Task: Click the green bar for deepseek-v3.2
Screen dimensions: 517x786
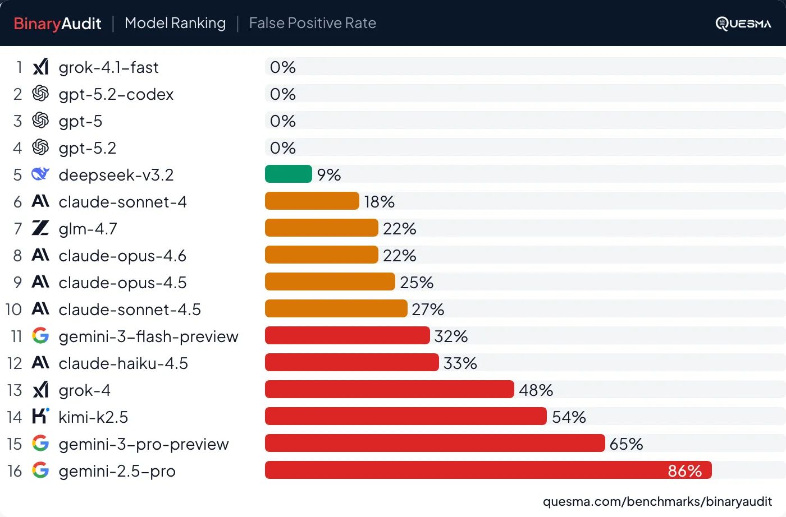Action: [288, 174]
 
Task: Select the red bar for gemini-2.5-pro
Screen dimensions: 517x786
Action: [488, 470]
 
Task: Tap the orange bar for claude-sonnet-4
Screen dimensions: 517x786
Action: [312, 201]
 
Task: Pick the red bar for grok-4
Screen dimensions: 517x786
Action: [389, 389]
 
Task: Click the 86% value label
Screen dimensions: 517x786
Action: [684, 470]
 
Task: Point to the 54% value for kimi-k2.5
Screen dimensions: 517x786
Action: [569, 417]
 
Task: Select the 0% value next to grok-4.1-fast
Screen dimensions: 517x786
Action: [282, 67]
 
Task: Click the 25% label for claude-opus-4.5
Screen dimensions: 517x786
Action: [417, 282]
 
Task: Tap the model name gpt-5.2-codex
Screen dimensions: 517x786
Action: [116, 94]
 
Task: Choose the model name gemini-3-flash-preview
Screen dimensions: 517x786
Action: [148, 336]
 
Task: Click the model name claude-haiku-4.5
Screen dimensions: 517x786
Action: [123, 363]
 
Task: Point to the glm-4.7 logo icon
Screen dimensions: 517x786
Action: [40, 228]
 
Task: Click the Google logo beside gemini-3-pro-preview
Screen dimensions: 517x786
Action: [40, 444]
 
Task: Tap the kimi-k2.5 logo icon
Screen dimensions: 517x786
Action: [40, 416]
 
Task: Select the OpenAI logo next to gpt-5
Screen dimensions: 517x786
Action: [40, 121]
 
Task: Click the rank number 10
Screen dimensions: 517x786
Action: [13, 310]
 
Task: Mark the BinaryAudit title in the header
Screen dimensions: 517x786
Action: [57, 24]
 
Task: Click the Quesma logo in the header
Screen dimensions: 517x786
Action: [743, 24]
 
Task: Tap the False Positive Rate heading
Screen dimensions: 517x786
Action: [312, 23]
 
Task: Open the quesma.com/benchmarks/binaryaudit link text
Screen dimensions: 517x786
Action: [657, 501]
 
